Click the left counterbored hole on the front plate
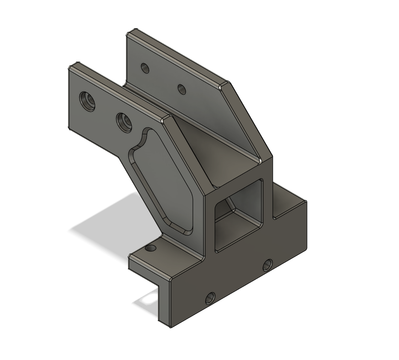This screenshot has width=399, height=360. [x=88, y=101]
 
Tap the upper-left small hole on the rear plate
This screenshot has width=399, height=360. [x=145, y=68]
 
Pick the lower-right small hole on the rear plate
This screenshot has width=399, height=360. [x=182, y=89]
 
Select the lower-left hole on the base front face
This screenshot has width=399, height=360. [x=210, y=298]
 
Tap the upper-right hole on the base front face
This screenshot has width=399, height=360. [x=267, y=266]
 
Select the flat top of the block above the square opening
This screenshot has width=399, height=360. [x=237, y=172]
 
